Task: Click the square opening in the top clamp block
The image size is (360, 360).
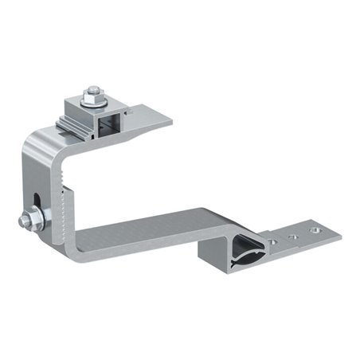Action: tap(106, 123)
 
